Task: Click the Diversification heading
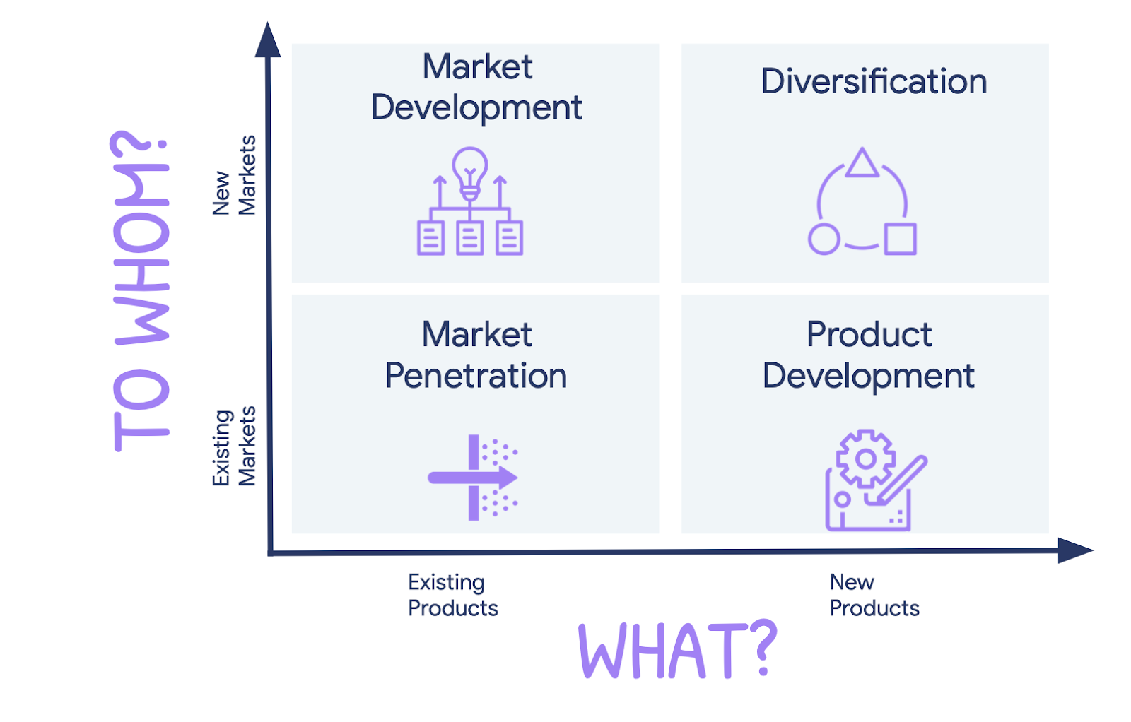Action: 874,82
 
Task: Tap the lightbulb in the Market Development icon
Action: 470,170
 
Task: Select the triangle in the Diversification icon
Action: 862,163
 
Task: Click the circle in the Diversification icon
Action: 824,239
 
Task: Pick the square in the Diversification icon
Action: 901,239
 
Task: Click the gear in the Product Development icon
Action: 865,458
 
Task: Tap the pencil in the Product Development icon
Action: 901,480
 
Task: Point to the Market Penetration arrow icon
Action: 473,478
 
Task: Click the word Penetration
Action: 476,376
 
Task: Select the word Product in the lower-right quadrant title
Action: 869,334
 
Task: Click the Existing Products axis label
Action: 452,595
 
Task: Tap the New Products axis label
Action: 874,595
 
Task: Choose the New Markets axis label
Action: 234,175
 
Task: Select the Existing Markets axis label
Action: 234,446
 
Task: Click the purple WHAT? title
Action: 677,651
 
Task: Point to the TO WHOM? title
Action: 141,291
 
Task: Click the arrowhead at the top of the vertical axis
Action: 268,40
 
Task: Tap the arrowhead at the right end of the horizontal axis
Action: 1074,550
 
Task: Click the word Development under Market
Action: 476,108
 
